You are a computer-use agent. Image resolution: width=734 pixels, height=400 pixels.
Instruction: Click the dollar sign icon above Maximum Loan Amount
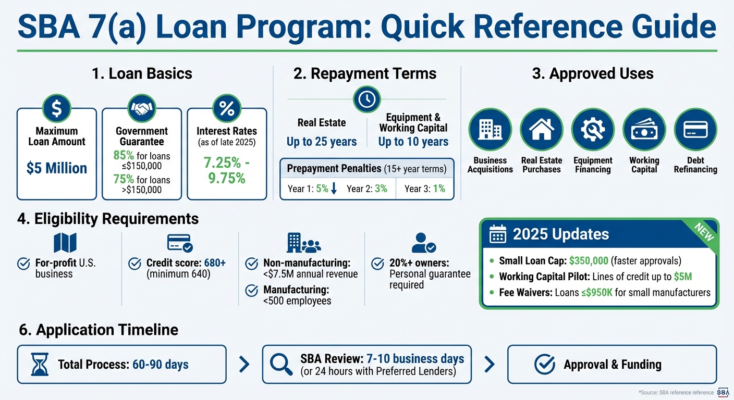(x=57, y=108)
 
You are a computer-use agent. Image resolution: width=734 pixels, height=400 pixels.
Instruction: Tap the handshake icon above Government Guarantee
(x=142, y=108)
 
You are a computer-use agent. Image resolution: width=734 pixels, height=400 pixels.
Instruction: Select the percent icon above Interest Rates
(x=227, y=108)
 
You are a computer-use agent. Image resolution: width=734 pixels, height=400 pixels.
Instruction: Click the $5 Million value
(x=57, y=168)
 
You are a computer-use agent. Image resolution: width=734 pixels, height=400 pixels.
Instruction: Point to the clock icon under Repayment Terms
(x=367, y=99)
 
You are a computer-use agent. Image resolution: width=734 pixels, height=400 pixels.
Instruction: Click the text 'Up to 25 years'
(x=322, y=142)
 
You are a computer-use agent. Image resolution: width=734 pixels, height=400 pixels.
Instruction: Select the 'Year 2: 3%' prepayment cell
(x=367, y=189)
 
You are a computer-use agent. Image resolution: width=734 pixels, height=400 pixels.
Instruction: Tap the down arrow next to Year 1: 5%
(x=334, y=189)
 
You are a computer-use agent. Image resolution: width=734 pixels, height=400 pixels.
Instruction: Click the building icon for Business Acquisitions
(x=490, y=130)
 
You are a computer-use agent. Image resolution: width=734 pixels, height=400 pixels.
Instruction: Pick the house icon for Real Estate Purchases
(x=542, y=130)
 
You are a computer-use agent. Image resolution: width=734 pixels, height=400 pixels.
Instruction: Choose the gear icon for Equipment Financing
(x=593, y=130)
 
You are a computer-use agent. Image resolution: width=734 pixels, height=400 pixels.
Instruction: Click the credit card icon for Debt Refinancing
(x=695, y=130)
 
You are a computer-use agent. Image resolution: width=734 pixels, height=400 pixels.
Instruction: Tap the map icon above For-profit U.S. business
(x=65, y=243)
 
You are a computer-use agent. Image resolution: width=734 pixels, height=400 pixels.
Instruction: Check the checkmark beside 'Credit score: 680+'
(x=135, y=263)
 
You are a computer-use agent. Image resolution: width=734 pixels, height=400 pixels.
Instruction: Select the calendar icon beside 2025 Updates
(x=498, y=235)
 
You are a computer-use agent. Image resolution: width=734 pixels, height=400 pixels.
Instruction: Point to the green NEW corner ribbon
(x=704, y=232)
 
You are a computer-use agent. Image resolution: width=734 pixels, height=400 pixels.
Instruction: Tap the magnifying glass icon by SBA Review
(x=282, y=364)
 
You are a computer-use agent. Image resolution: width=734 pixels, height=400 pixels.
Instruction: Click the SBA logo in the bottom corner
(x=723, y=392)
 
